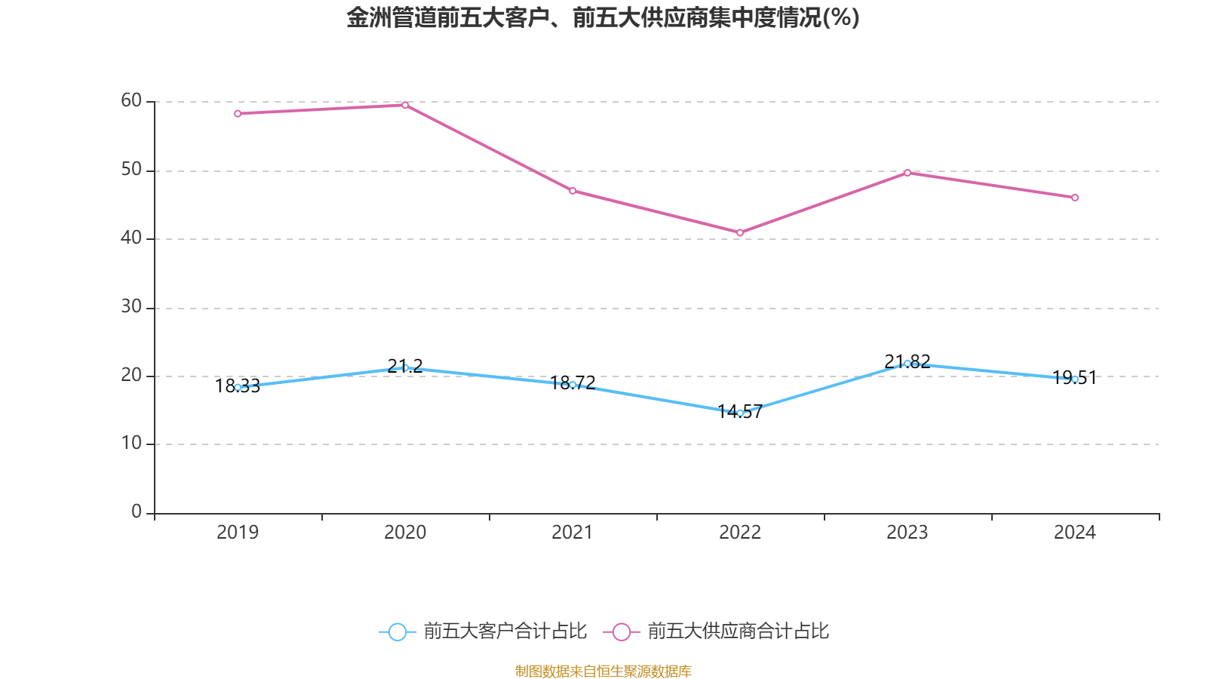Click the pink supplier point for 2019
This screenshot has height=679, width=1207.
[238, 114]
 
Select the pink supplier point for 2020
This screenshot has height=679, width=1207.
[405, 105]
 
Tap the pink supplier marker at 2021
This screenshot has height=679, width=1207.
[573, 191]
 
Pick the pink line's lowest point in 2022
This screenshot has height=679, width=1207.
[740, 232]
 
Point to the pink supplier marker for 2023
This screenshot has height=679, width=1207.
[908, 173]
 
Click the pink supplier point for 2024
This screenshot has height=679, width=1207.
[1075, 198]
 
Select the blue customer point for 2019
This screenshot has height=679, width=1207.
[238, 387]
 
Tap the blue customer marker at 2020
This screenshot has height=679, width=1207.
[405, 367]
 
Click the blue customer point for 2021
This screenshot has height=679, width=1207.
[573, 385]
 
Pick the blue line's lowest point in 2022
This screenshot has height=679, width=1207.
[740, 413]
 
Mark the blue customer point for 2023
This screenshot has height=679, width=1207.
[908, 363]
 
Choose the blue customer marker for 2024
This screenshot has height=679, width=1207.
[1075, 379]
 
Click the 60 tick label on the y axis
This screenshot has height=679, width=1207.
[131, 100]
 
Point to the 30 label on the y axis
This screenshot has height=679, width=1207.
[131, 306]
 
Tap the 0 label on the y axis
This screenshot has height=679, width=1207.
[137, 512]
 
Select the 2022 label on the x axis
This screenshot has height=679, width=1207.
[740, 533]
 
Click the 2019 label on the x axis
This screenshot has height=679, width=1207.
[238, 533]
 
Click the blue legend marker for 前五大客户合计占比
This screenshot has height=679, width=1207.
[397, 631]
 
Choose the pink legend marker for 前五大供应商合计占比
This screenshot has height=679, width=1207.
[621, 631]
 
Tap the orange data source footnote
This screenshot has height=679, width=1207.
[603, 671]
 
